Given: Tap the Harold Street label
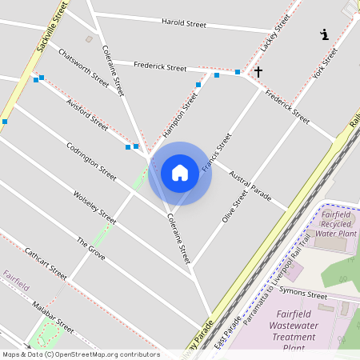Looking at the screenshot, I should (x=184, y=24).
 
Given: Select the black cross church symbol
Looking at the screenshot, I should (x=258, y=72).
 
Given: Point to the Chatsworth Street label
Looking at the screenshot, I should (x=83, y=67).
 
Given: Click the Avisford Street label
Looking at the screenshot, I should (x=87, y=114).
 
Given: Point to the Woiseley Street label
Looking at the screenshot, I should (x=94, y=206).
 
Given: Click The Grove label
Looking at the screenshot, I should (x=90, y=251).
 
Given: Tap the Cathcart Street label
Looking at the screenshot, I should (x=45, y=262).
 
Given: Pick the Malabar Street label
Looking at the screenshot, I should (x=53, y=317).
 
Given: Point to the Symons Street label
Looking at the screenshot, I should (x=306, y=296).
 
